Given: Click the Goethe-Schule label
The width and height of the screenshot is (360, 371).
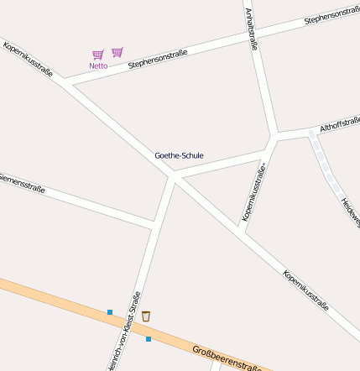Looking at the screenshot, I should [x=179, y=155].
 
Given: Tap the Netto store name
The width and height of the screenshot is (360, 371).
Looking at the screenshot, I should [x=98, y=65].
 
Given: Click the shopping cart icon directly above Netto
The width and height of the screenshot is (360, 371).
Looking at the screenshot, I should [x=98, y=55].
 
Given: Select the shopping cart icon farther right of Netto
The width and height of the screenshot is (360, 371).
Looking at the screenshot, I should [x=117, y=52].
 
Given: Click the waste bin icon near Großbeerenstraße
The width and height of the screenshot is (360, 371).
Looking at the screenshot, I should [x=146, y=316].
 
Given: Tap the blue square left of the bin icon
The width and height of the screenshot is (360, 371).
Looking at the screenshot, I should [x=109, y=312].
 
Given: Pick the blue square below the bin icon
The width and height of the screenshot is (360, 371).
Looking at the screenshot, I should [x=149, y=339].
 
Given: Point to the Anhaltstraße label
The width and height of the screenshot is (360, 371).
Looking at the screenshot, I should [x=250, y=29].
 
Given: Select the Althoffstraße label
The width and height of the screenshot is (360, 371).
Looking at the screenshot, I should [x=339, y=124].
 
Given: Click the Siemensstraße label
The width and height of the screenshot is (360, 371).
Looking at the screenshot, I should [x=20, y=183].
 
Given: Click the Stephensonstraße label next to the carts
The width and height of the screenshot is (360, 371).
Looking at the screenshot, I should [x=158, y=59].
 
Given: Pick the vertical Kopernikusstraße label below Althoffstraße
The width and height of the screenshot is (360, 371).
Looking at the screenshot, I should [x=253, y=192].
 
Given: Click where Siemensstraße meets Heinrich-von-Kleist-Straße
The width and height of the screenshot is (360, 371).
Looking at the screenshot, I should [x=155, y=223].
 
